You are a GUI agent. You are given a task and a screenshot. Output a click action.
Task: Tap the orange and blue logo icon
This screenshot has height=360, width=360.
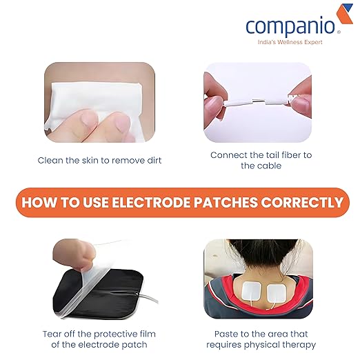343,16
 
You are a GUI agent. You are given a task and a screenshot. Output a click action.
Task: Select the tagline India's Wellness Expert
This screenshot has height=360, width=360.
290,43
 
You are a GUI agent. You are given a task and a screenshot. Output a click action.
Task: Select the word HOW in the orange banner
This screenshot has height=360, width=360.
37,203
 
